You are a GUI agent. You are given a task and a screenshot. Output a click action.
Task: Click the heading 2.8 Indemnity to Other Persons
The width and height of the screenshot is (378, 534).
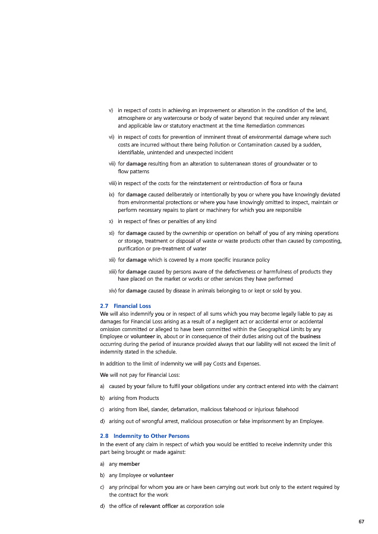145,436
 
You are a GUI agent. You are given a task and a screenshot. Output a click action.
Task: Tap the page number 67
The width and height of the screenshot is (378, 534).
361,522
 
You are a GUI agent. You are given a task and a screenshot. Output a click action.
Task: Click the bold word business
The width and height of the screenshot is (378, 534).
309,336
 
